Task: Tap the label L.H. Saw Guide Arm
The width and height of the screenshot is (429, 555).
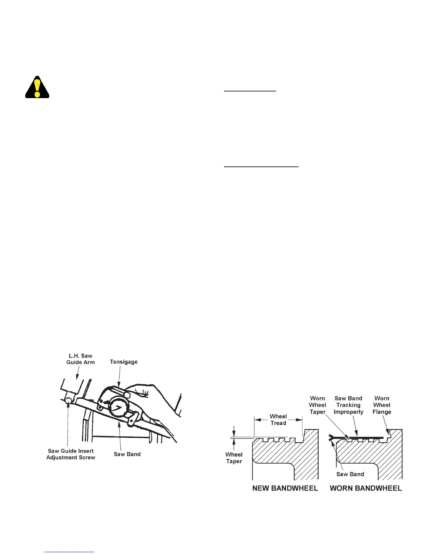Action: (x=80, y=359)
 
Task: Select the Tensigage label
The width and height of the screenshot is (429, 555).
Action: (x=124, y=362)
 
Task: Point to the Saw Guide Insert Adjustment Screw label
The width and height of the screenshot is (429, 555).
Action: (x=71, y=454)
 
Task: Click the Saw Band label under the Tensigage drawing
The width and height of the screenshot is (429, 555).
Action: (x=127, y=454)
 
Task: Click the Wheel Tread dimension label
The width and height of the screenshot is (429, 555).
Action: (x=278, y=420)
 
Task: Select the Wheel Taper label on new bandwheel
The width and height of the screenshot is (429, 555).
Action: (x=234, y=458)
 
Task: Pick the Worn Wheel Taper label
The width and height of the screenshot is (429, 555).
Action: (x=318, y=405)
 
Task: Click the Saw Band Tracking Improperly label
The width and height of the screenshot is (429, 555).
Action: (x=348, y=405)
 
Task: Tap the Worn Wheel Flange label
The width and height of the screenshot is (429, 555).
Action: (x=382, y=405)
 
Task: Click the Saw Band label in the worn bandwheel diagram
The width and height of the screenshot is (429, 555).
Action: (x=350, y=474)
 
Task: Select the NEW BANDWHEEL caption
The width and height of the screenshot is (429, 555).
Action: (x=285, y=488)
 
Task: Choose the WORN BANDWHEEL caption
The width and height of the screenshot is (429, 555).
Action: (x=366, y=488)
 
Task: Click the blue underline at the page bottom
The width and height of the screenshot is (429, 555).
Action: (x=69, y=552)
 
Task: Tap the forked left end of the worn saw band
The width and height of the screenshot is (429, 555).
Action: (x=332, y=437)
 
